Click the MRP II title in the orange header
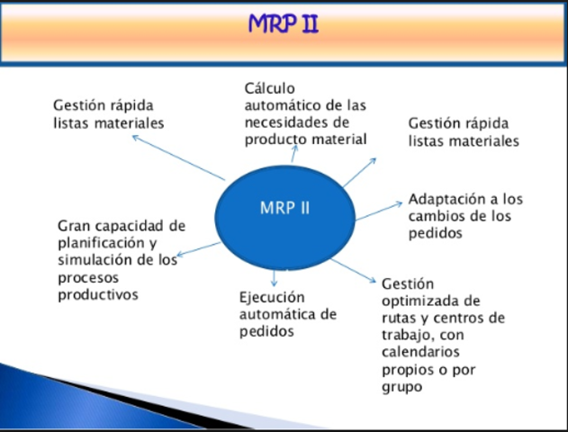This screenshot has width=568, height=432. point(284,23)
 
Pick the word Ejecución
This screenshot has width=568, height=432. point(272,297)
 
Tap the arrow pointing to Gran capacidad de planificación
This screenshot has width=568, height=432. point(200,248)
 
